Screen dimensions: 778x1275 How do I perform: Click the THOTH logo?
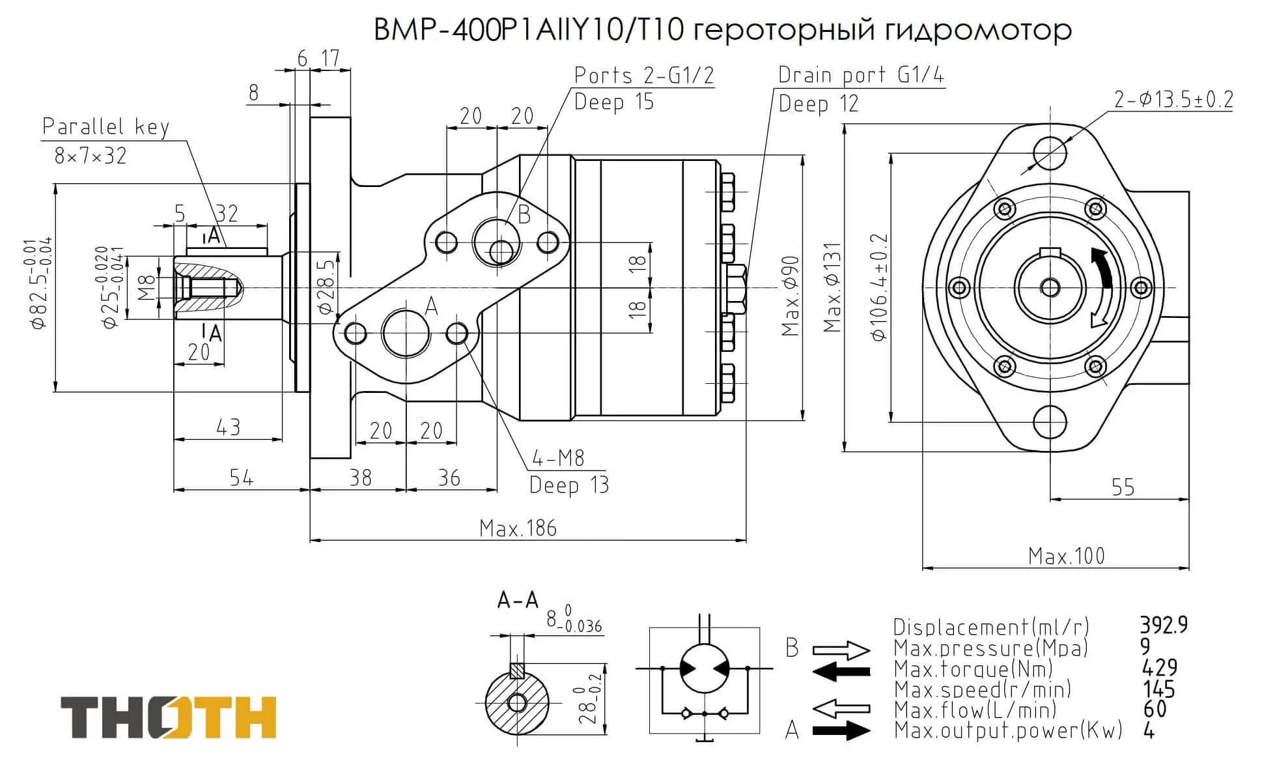coord(169,717)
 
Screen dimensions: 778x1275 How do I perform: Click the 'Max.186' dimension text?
coord(518,528)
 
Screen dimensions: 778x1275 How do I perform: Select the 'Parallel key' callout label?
coord(105,126)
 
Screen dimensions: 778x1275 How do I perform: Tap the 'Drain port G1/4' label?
coord(860,76)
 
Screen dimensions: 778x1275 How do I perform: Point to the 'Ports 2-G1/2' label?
coord(643,76)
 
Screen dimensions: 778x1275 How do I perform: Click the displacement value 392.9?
coord(1163,626)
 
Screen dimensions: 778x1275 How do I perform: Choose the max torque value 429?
coord(1160,668)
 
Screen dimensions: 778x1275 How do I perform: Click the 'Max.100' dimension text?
coord(1066,556)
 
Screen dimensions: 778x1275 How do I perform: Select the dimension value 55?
coord(1122,487)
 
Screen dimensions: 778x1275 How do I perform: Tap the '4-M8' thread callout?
coord(558,459)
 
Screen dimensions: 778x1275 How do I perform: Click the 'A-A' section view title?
coord(518,600)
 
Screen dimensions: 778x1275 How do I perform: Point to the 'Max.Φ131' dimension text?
coord(832,287)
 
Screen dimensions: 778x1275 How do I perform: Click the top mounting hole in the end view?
coord(1049,152)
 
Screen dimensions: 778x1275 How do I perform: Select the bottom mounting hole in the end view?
coord(1049,422)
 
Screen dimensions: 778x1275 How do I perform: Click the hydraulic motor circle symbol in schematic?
coord(705,668)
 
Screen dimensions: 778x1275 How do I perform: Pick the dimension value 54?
coord(241,478)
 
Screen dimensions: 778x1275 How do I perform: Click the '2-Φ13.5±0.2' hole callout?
coord(1173,100)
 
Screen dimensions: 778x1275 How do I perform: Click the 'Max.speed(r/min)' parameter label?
coord(982,689)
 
